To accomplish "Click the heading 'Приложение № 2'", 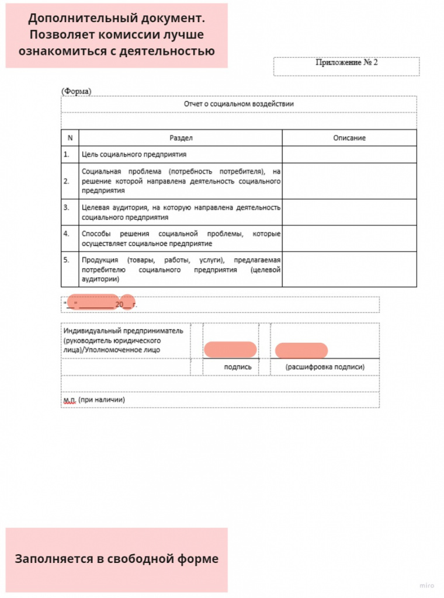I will (x=346, y=62).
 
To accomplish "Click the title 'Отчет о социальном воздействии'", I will (x=238, y=103).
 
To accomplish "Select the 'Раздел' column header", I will (x=181, y=138).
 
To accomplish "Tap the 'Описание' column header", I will (x=349, y=138).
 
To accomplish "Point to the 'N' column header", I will (x=70, y=138).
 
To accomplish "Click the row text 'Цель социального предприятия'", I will (x=134, y=154).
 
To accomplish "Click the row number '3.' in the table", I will (x=67, y=207).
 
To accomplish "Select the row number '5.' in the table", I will (x=67, y=259).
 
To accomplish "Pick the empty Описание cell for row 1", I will (x=349, y=154).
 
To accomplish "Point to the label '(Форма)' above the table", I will (x=76, y=91).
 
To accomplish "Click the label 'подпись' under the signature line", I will (x=238, y=367).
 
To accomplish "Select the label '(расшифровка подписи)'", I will (x=325, y=367).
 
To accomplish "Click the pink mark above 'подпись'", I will (x=230, y=349).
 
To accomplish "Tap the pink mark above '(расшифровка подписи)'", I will (x=301, y=350).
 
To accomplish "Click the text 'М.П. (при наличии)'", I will (x=94, y=399).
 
